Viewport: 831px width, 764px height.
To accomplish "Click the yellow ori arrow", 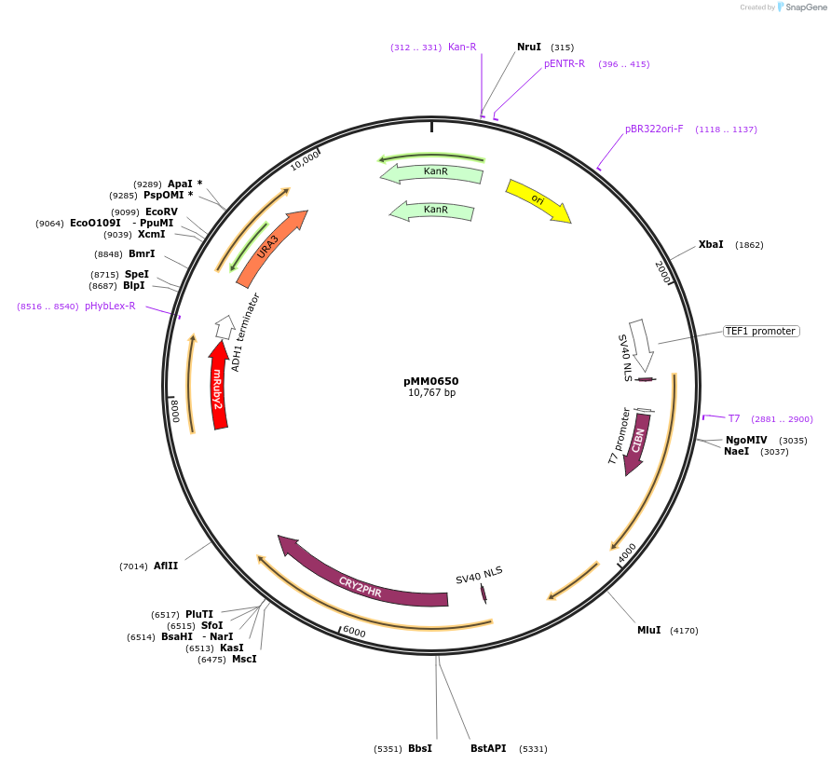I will coord(538,199).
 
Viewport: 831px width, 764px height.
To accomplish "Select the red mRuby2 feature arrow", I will coord(218,387).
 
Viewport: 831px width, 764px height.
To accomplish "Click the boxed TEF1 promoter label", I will coord(760,331).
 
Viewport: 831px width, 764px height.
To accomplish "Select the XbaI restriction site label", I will coord(711,244).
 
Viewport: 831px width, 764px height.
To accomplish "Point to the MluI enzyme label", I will coord(648,630).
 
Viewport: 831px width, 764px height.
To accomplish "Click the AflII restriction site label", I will coord(166,566).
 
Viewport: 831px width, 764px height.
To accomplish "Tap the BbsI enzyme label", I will coord(419,748).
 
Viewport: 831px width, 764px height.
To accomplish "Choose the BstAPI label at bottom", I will coord(488,748).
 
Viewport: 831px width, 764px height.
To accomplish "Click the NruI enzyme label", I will coord(529,47).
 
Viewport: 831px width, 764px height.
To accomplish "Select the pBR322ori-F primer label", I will coord(654,129).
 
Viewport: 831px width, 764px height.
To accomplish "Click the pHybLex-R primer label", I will coord(110,306).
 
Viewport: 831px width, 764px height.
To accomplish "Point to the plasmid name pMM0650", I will coord(430,381).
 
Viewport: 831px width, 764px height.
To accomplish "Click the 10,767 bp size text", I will coord(431,392).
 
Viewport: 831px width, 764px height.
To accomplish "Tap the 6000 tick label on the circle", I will coord(354,631).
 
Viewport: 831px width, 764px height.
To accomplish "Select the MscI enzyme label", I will coord(244,659).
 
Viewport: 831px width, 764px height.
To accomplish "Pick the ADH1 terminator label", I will coord(246,333).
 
